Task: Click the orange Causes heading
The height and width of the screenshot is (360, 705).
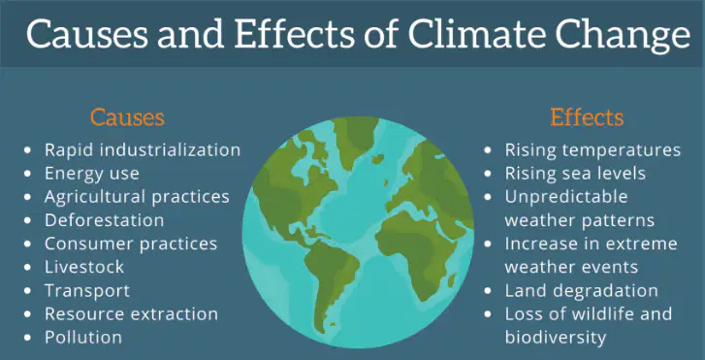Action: (127, 117)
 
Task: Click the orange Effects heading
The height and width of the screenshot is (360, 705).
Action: (587, 117)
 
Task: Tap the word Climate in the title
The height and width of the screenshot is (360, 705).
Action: (474, 34)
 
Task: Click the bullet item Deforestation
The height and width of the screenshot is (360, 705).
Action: (104, 220)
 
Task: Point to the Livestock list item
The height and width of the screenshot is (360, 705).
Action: (84, 267)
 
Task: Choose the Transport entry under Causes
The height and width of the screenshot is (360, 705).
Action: (87, 291)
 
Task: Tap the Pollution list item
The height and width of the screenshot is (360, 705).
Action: (83, 337)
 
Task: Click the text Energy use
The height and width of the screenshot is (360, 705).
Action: (92, 174)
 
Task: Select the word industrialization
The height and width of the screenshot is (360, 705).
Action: (170, 149)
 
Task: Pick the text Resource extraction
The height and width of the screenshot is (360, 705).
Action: (131, 313)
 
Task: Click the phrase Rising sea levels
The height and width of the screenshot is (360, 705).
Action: (575, 174)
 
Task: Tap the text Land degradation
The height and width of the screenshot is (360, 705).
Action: (581, 291)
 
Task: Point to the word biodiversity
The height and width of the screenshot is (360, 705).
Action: (556, 338)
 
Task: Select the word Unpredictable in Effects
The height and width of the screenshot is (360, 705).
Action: (566, 197)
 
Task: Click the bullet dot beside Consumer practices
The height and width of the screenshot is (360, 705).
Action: (28, 244)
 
